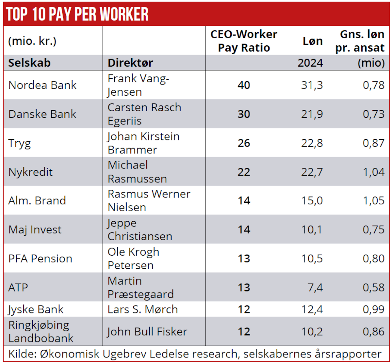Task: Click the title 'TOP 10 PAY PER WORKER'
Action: [x=77, y=14]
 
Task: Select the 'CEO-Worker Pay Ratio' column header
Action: [x=244, y=41]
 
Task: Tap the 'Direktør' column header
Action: [x=130, y=63]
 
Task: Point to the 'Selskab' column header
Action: [x=29, y=63]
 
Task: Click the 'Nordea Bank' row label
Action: [x=42, y=85]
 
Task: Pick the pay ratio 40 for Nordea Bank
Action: [x=244, y=85]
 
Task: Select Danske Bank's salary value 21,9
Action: [x=312, y=114]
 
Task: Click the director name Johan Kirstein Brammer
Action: [x=143, y=143]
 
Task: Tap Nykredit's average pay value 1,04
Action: [x=373, y=172]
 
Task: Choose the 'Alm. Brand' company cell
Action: [x=37, y=200]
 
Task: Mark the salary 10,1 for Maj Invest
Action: [x=312, y=229]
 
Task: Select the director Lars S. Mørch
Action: [x=143, y=309]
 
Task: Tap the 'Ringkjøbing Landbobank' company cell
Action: [x=41, y=331]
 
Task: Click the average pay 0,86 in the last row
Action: [x=373, y=331]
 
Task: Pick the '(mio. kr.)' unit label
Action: [x=32, y=41]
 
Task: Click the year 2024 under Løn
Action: [x=310, y=63]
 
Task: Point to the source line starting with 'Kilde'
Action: [x=195, y=354]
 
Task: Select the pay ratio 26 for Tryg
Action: [x=244, y=143]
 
